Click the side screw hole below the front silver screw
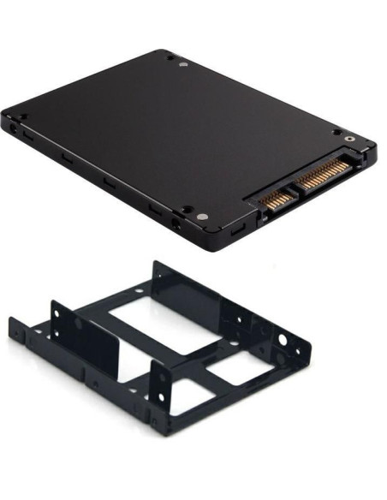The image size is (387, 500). [176, 227]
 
